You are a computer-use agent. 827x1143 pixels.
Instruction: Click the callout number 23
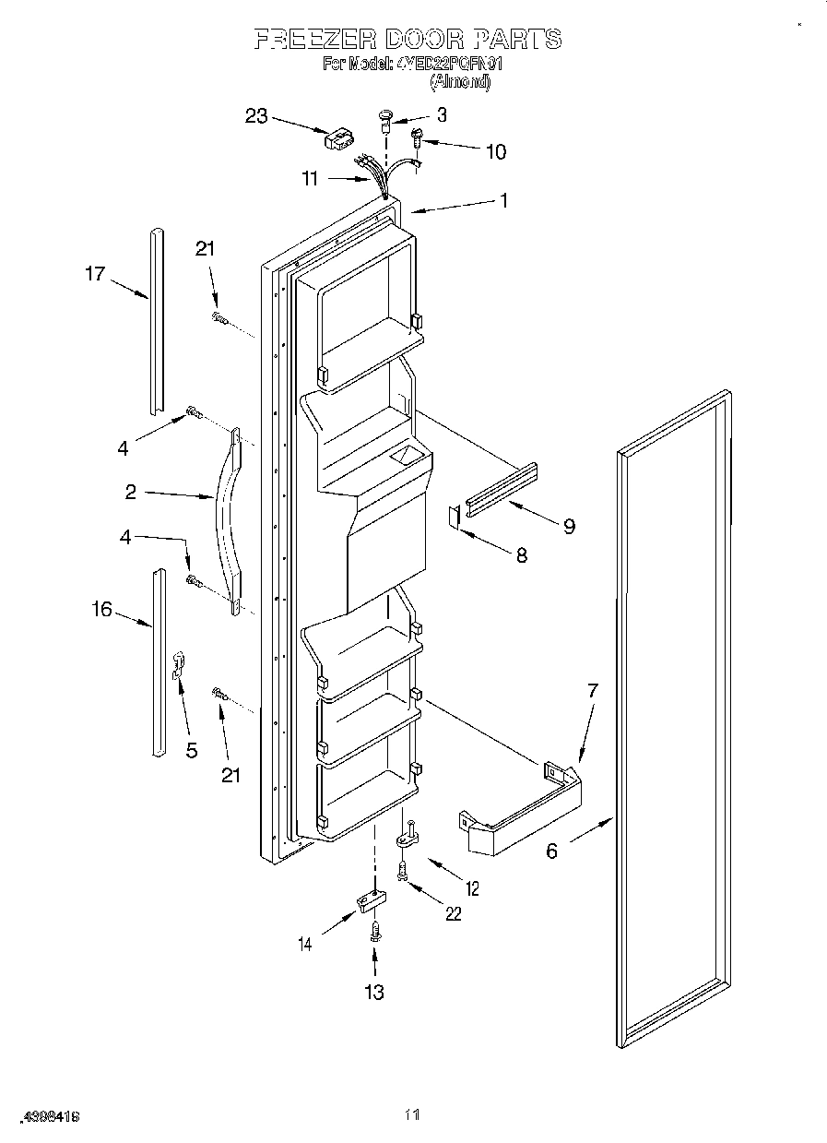pos(255,116)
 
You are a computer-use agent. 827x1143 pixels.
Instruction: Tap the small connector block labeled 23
pos(337,139)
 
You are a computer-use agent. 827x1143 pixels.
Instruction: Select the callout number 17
pos(96,273)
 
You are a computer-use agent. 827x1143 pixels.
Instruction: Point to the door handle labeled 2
pos(224,517)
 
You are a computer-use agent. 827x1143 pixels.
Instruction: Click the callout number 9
pos(569,526)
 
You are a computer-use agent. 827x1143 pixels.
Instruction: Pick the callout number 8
pos(521,555)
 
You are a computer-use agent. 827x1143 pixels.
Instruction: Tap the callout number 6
pos(551,851)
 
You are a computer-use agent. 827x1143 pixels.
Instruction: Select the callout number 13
pos(373,992)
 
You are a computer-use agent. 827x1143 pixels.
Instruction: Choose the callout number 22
pos(452,914)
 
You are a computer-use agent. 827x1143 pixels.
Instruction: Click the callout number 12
pos(471,889)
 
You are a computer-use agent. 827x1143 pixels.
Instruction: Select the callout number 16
pos(101,609)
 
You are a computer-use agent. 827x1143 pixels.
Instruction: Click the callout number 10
pos(495,151)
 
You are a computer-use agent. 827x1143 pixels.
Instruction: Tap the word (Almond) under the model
pos(460,81)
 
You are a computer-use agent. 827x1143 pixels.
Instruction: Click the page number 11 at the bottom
pos(412,1115)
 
